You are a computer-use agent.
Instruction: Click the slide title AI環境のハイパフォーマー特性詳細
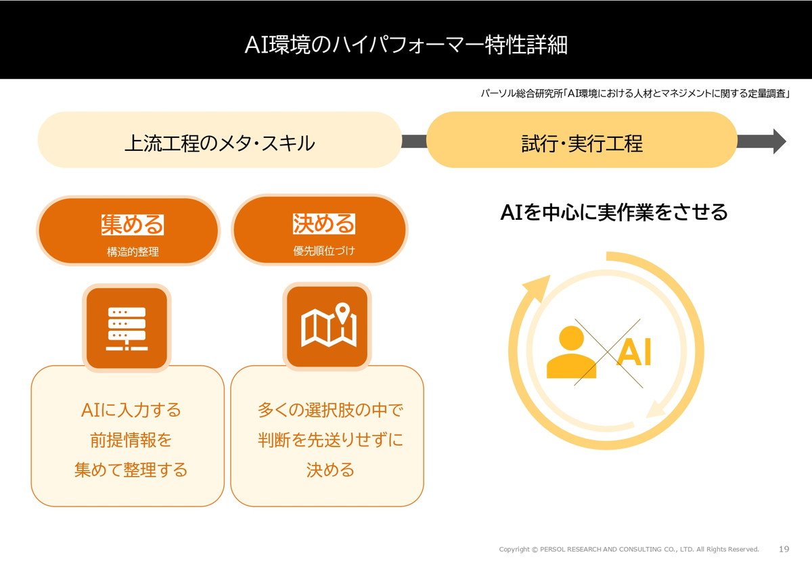406,45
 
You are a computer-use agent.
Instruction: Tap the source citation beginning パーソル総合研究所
635,93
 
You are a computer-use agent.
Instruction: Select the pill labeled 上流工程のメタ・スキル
220,140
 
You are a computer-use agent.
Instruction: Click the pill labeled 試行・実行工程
582,140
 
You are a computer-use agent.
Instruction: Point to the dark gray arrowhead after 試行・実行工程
779,141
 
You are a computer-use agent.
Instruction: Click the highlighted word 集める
133,225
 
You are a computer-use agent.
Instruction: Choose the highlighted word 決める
323,224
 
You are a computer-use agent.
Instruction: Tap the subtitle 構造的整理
133,252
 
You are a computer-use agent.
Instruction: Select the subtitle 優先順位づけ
323,250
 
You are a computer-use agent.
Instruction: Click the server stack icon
127,328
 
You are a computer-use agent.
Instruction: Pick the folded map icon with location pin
329,325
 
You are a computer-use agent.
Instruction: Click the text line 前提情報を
131,440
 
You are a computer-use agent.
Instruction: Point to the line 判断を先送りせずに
330,440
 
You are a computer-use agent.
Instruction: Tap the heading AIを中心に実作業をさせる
614,212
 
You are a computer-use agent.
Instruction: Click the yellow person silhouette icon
571,352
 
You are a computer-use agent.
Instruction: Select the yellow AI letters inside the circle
635,352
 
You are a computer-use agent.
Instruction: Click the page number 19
784,549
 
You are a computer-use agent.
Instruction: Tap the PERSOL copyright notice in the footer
629,549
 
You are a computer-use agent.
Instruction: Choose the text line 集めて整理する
131,470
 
